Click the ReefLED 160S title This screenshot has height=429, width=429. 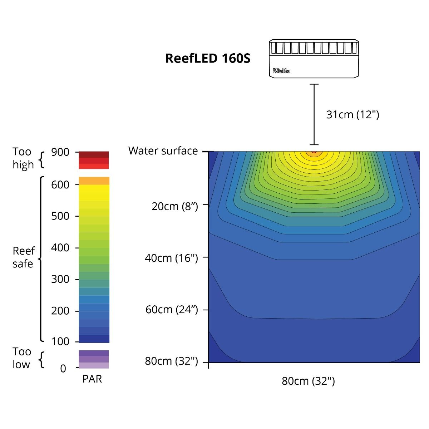[x=208, y=58]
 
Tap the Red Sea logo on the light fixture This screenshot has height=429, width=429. [x=281, y=71]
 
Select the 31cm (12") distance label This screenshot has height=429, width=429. [x=352, y=114]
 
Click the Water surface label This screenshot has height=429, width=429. [x=163, y=151]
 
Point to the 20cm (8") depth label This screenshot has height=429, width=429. [x=175, y=206]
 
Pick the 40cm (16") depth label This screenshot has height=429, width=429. [x=171, y=258]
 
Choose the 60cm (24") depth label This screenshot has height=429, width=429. [x=172, y=309]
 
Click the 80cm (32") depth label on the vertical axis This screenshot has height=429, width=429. [x=171, y=361]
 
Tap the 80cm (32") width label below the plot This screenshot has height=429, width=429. [x=308, y=381]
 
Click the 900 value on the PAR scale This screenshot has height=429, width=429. [x=60, y=152]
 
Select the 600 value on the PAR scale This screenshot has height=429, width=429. [x=60, y=185]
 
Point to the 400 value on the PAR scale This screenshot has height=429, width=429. [x=60, y=248]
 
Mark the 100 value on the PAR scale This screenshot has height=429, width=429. [x=60, y=341]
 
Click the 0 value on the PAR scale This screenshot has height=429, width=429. [x=63, y=369]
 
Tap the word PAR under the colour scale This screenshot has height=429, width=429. [x=92, y=379]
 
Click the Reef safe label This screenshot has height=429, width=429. [x=23, y=257]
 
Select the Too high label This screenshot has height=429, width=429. [x=23, y=158]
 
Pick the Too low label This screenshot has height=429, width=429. [x=22, y=358]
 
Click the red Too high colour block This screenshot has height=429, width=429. [x=94, y=160]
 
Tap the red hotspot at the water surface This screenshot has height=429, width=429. [x=314, y=151]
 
